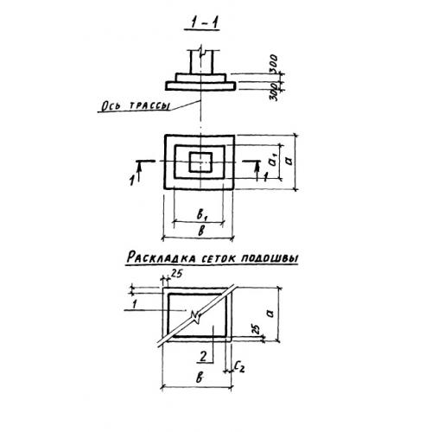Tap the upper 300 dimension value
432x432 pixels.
click(273, 63)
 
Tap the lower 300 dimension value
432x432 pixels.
click(275, 92)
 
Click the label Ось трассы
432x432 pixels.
click(135, 106)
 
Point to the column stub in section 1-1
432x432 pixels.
click(201, 62)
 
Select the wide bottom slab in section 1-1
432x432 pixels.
click(200, 86)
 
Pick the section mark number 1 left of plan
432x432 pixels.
click(132, 181)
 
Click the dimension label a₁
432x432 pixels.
click(273, 160)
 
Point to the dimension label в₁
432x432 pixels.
click(202, 214)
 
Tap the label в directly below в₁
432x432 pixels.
click(202, 231)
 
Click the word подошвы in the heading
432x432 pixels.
click(270, 258)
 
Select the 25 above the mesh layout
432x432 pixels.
click(176, 273)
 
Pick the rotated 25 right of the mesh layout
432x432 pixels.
click(256, 329)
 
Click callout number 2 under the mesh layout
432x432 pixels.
click(203, 357)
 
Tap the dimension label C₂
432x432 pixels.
click(239, 366)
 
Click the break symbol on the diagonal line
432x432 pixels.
click(196, 316)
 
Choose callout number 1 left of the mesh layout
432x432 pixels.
click(134, 304)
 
